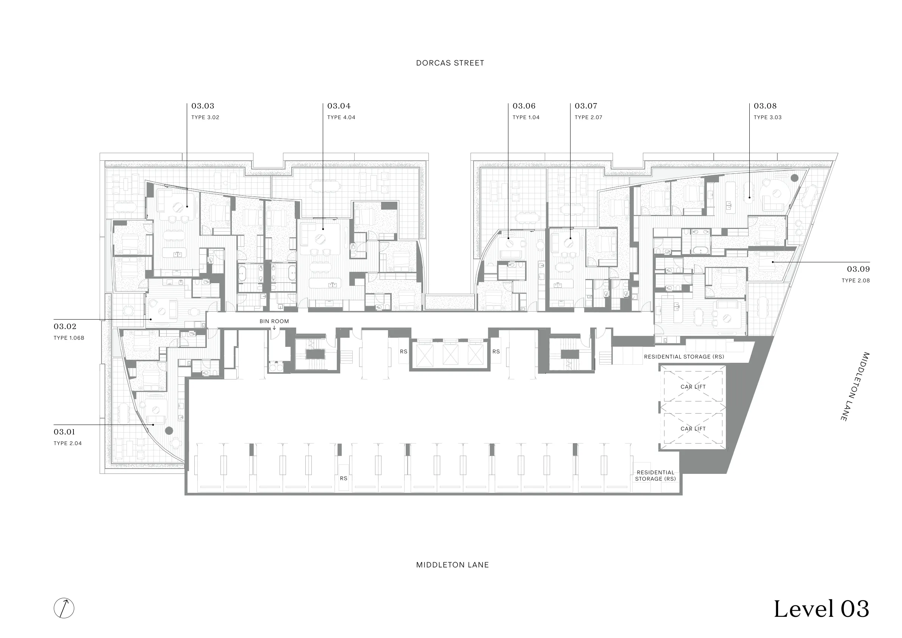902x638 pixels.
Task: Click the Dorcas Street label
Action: [x=450, y=63]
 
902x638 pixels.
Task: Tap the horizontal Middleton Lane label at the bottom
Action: [x=453, y=565]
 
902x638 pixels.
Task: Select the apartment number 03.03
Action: [x=203, y=106]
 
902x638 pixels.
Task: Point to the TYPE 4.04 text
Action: [x=341, y=117]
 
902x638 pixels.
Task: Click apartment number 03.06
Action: [x=524, y=106]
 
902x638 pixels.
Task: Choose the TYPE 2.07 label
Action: [x=588, y=117]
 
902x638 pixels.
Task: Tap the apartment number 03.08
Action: [x=765, y=106]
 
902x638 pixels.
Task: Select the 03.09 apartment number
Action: [x=858, y=269]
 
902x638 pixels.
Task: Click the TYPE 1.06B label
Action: [x=69, y=338]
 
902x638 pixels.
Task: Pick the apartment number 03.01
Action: [x=64, y=432]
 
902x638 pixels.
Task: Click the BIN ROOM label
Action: [x=274, y=321]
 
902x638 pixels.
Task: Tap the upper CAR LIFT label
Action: [x=693, y=387]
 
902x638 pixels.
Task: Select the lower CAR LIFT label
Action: [x=693, y=429]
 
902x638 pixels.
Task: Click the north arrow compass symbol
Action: [x=64, y=608]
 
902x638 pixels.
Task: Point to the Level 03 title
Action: [x=821, y=609]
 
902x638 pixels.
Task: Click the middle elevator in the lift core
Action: [x=450, y=355]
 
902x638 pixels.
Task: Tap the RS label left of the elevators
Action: [x=404, y=351]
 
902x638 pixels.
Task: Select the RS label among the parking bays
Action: [x=344, y=478]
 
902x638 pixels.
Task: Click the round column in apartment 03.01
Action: [x=169, y=431]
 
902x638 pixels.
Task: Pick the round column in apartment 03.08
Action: [x=794, y=178]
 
